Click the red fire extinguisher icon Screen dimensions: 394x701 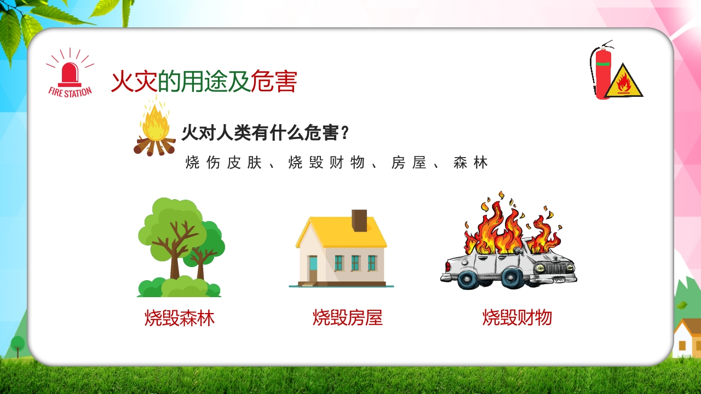602,74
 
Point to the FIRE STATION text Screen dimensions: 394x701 70,92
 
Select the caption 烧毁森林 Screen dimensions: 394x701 180,318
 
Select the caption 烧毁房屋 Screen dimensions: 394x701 347,318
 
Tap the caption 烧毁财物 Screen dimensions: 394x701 517,318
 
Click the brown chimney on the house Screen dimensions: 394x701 360,221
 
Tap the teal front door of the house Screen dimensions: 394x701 313,268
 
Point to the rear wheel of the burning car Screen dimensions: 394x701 468,278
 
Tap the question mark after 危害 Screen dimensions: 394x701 345,133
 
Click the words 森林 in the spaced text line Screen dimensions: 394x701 470,163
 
